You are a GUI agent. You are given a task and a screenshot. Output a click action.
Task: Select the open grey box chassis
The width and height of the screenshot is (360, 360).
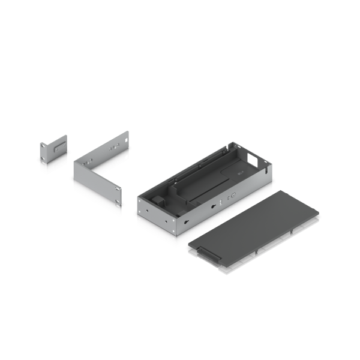pyautogui.click(x=204, y=189)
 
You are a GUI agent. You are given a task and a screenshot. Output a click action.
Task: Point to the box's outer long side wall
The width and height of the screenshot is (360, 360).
pyautogui.click(x=222, y=207)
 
